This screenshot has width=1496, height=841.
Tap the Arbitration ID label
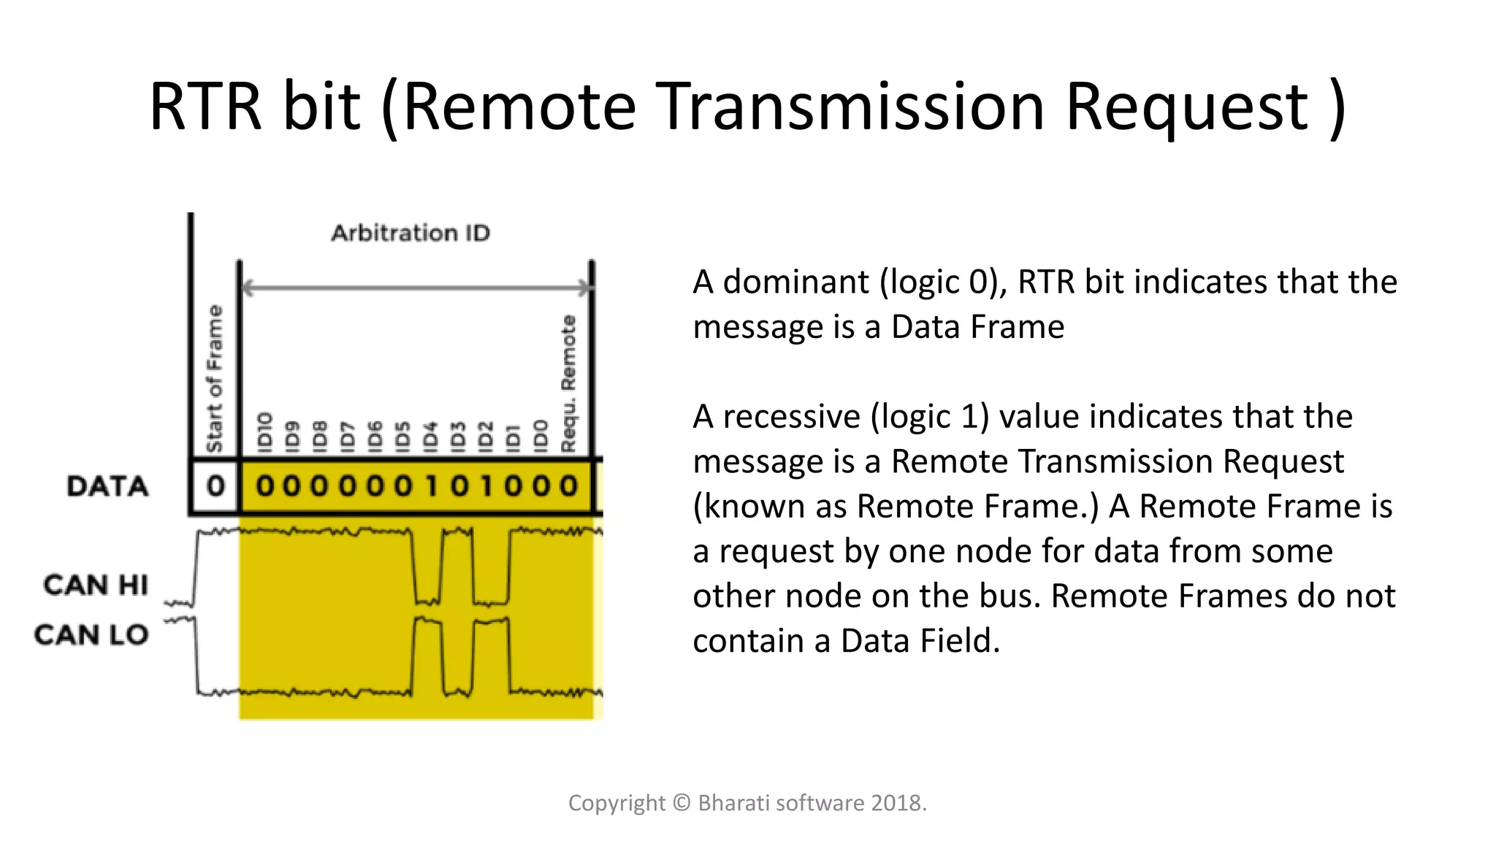point(411,233)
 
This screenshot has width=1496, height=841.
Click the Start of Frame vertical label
point(214,378)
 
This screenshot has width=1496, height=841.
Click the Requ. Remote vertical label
point(568,383)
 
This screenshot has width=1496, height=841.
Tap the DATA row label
point(107,486)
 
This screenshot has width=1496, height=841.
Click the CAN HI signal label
point(96,585)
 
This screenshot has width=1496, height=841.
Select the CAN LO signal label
point(91,635)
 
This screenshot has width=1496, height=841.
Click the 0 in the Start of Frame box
point(215,486)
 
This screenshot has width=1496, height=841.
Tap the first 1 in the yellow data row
point(431,486)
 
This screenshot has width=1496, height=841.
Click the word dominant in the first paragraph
point(796,283)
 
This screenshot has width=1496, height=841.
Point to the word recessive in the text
point(791,417)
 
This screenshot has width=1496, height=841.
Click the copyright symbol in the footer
point(681,803)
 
